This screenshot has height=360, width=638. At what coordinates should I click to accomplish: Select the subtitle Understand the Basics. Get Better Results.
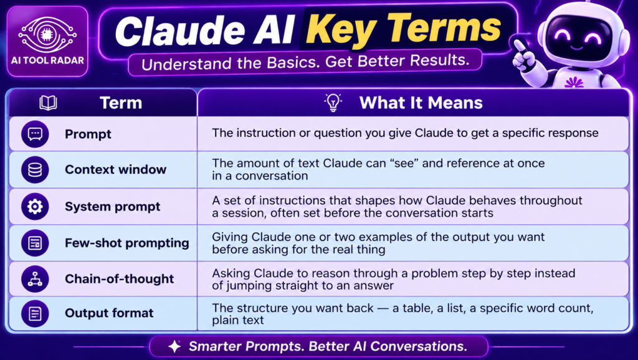[x=305, y=62]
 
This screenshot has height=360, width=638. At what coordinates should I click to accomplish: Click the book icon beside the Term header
[x=48, y=103]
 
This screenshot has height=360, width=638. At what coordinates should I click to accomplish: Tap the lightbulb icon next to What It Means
[x=333, y=103]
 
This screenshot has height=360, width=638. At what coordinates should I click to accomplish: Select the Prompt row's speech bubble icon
[x=35, y=134]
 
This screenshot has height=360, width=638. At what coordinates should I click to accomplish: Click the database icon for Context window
[x=35, y=169]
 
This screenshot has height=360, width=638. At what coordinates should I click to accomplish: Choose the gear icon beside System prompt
[x=35, y=207]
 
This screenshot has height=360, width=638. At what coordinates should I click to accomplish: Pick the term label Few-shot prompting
[x=127, y=244]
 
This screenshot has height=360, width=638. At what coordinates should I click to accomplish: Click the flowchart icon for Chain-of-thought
[x=35, y=279]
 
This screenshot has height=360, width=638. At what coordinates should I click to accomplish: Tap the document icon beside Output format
[x=35, y=314]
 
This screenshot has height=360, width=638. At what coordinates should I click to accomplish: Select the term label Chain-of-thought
[x=119, y=279]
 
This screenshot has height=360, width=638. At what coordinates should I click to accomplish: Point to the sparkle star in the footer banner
[x=175, y=346]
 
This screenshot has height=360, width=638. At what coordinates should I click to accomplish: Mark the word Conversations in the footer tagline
[x=419, y=346]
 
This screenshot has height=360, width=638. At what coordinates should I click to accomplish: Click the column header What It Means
[x=421, y=103]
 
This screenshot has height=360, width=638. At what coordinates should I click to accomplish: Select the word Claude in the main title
[x=180, y=32]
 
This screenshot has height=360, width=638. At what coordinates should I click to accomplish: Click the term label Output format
[x=109, y=313]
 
